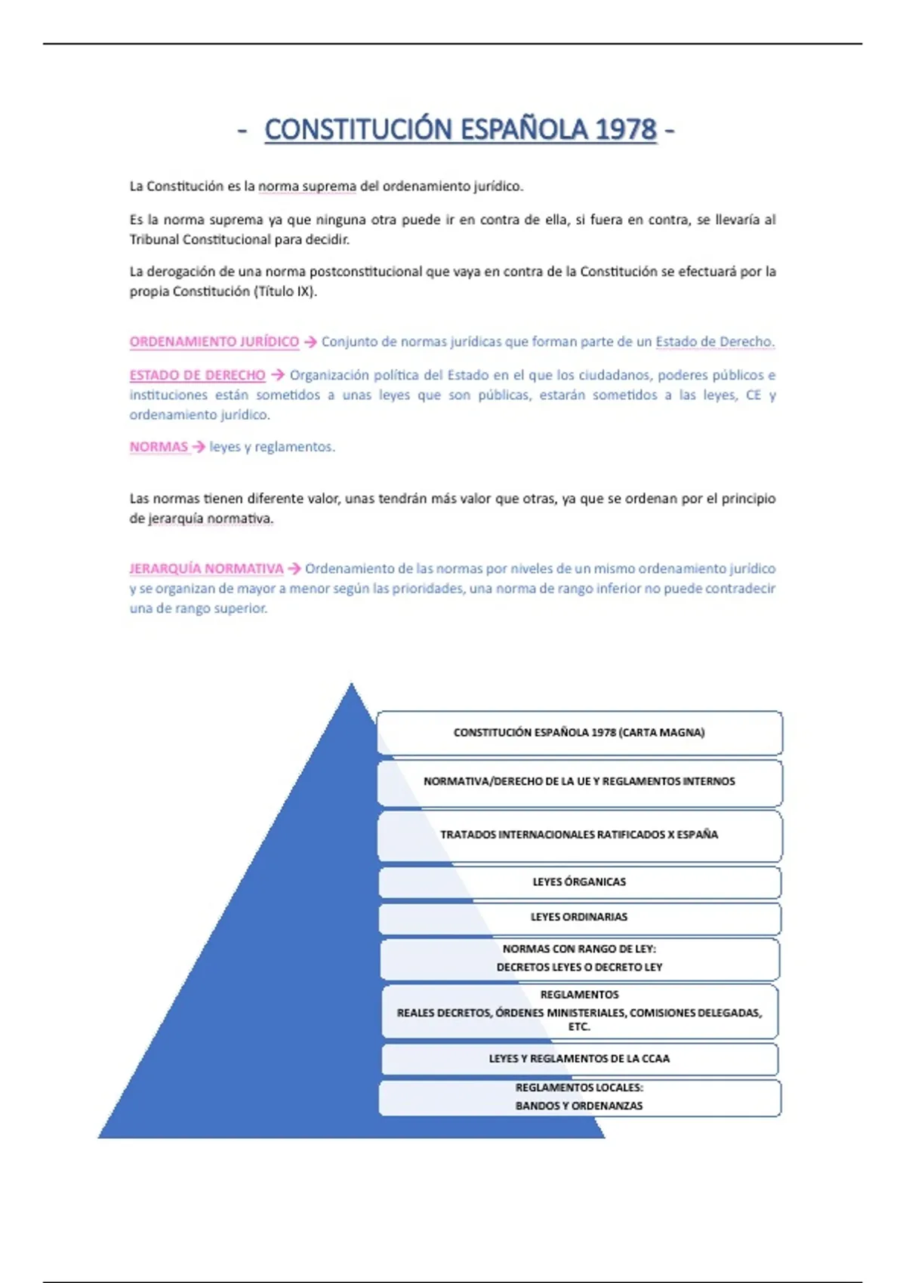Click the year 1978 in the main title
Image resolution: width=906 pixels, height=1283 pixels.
(625, 130)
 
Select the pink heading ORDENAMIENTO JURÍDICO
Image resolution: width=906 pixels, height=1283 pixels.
(214, 342)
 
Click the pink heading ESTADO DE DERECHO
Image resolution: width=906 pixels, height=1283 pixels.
(197, 375)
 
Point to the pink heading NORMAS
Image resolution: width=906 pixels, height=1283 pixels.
(159, 447)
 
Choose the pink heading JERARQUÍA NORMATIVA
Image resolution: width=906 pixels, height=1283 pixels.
(206, 568)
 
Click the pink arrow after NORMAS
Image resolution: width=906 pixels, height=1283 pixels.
(199, 447)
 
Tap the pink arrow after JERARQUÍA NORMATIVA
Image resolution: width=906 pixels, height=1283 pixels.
(294, 568)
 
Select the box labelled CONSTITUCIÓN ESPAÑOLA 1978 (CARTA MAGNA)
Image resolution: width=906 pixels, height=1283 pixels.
(579, 732)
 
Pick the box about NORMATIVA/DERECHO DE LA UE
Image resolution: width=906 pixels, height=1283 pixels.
(579, 782)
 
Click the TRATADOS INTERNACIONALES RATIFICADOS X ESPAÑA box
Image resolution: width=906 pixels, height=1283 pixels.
(579, 835)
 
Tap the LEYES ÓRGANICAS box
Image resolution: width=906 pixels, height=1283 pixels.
(579, 881)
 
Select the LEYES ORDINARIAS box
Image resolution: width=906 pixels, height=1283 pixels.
(579, 917)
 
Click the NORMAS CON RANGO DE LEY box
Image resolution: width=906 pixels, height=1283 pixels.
(579, 958)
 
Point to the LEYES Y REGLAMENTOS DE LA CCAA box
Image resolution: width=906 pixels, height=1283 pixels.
(579, 1059)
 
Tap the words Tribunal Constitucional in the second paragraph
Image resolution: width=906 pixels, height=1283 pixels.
(199, 240)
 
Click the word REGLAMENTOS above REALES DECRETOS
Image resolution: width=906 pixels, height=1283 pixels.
(579, 995)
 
